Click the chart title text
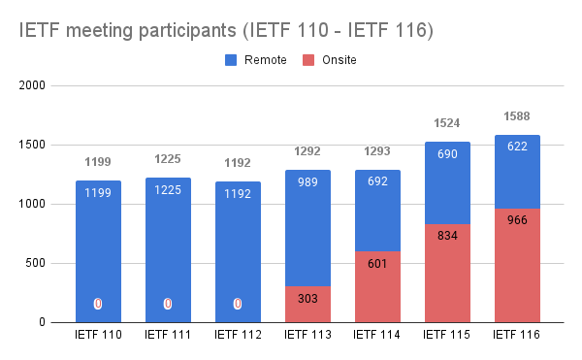tap(226, 30)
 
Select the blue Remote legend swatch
tap(231, 60)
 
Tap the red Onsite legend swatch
tap(308, 60)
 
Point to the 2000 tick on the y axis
tap(32, 85)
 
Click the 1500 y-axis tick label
tap(32, 145)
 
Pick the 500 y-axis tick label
tap(35, 263)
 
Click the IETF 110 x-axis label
tap(98, 335)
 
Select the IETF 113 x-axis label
tap(307, 335)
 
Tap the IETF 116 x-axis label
tap(517, 335)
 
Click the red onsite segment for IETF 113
tap(307, 305)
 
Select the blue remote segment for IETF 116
tap(517, 172)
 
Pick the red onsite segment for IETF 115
tap(447, 274)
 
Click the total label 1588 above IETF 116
tap(517, 116)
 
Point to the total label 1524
tap(447, 123)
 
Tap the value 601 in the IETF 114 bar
tap(377, 264)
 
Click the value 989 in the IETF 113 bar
tap(307, 182)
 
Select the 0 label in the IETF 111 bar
tap(168, 304)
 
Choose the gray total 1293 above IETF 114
tap(377, 151)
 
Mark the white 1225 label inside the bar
tap(168, 190)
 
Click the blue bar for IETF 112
tap(238, 252)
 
